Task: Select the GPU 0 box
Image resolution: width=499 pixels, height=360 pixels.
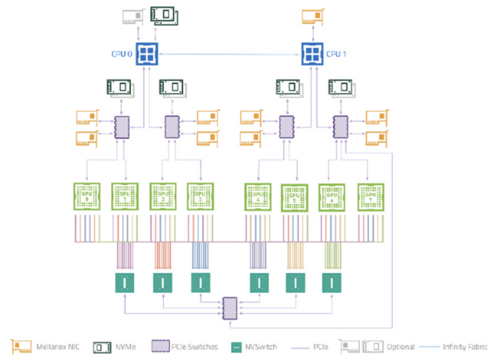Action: click(86, 196)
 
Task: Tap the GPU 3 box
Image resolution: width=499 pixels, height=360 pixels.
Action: click(201, 196)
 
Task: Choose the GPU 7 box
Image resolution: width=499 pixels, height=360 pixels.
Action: click(370, 196)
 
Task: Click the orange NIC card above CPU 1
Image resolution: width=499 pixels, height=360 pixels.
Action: click(313, 15)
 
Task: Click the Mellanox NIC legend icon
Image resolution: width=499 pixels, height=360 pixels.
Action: click(22, 346)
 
